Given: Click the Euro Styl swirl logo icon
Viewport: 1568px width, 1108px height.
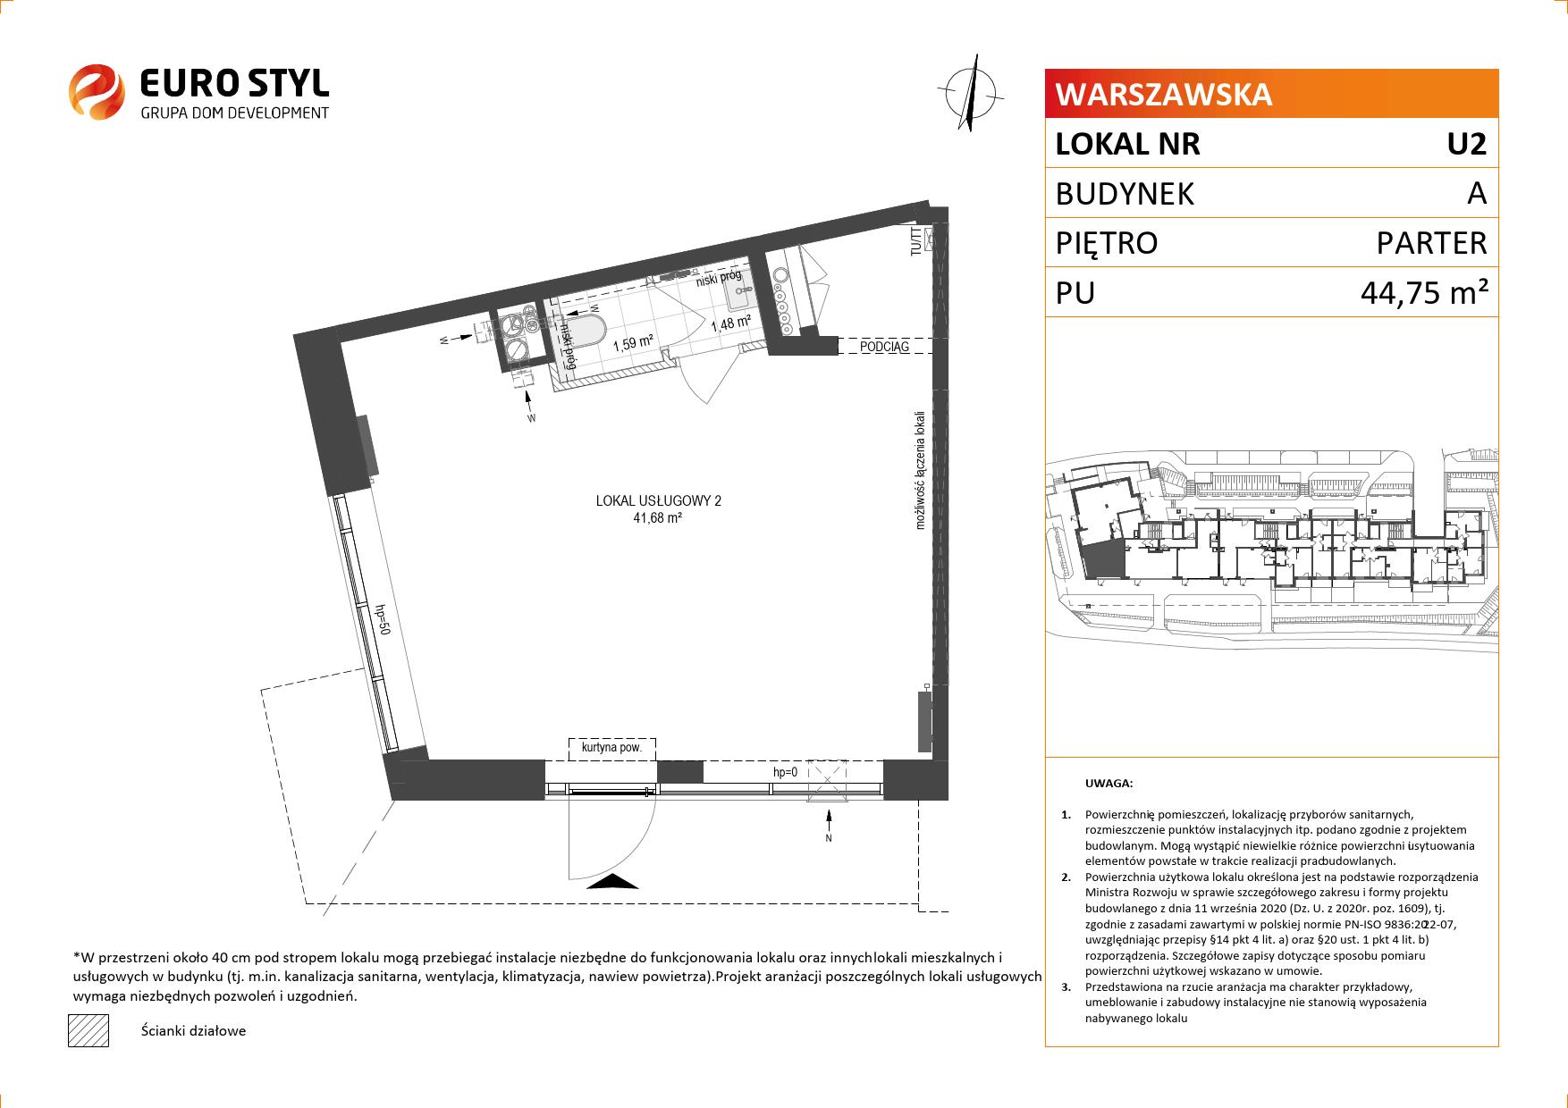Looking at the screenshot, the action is point(97,91).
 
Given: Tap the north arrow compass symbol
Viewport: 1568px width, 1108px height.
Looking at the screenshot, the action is point(971,92).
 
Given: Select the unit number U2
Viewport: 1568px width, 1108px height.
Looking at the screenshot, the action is point(1467,144).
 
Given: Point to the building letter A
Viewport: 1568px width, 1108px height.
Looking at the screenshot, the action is point(1477,193).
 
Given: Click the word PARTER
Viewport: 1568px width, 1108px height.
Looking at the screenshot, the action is point(1431,243).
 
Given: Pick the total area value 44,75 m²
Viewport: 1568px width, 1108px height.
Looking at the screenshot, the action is point(1424,292).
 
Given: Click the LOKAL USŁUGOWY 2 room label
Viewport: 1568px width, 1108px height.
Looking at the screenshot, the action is point(658,501).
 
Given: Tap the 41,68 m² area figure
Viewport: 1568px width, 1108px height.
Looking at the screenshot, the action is point(658,517).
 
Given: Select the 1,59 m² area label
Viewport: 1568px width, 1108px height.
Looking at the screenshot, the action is point(632,341).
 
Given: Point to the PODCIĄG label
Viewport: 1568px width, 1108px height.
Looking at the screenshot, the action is point(884,346).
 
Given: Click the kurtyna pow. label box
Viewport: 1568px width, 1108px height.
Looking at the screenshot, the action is point(612,749).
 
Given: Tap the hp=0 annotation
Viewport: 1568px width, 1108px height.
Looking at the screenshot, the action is point(786,772).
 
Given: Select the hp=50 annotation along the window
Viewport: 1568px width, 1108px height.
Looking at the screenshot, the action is point(383,619).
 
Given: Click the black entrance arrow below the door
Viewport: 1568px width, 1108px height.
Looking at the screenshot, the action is point(613,883).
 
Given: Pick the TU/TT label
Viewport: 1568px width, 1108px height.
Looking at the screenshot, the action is point(915,242).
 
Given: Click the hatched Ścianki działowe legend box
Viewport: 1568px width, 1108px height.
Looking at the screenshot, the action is point(89,1030).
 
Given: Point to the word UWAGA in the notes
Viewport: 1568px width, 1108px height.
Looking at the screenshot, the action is point(1109,784).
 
